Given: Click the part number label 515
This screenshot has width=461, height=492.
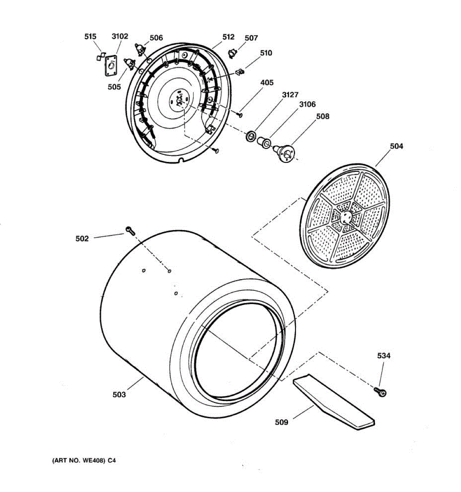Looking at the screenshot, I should [90, 37].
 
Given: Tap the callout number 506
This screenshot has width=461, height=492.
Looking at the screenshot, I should [156, 38].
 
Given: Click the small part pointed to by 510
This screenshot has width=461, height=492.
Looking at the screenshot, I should [240, 72].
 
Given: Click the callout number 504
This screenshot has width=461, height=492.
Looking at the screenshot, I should [396, 146].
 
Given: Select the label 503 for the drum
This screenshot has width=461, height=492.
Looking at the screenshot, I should [119, 394].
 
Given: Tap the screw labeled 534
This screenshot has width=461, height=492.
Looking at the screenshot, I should [381, 392].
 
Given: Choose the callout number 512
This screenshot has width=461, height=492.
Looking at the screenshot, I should [228, 37].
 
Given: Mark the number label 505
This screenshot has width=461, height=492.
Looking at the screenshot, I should [114, 87].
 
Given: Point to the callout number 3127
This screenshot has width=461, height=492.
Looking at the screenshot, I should [290, 95].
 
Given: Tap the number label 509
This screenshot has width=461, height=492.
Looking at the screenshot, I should [282, 422].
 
